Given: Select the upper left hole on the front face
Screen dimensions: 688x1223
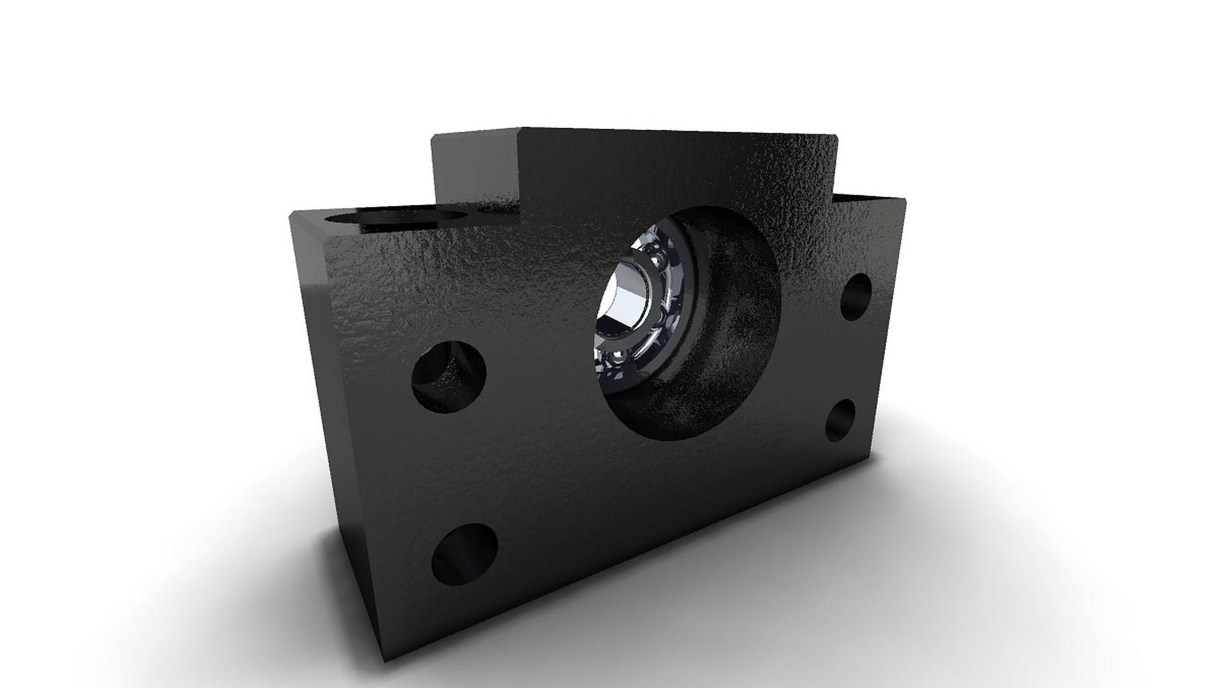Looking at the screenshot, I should click(x=448, y=376).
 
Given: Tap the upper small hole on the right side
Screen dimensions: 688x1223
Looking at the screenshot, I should click(x=855, y=297).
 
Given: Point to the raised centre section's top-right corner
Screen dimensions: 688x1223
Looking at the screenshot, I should click(x=834, y=136).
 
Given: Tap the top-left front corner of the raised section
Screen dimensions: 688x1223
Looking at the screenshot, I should click(x=519, y=129).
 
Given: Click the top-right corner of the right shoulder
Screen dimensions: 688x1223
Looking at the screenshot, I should click(x=905, y=200).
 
